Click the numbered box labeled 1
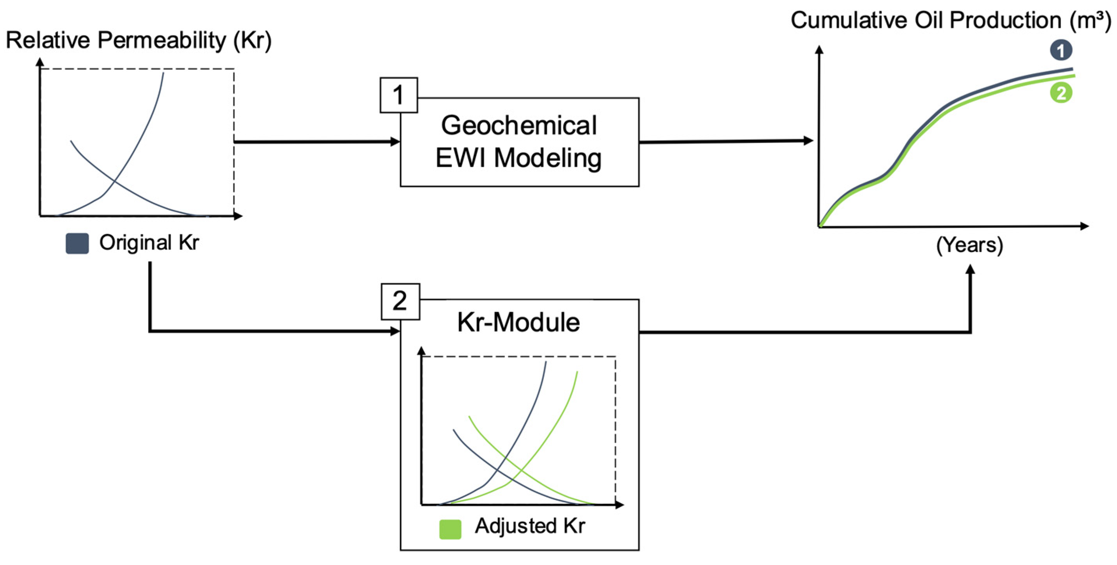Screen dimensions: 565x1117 (x=399, y=95)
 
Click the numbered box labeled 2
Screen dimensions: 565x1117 (x=400, y=301)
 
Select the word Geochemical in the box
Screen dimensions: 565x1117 (x=518, y=125)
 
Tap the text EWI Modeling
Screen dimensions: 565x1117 (x=518, y=158)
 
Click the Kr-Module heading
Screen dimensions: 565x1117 (x=518, y=322)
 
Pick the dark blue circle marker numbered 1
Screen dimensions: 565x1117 (x=1061, y=51)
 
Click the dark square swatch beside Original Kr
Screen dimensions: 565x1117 (x=77, y=243)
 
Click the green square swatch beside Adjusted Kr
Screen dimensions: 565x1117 (x=450, y=529)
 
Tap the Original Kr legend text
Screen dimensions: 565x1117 (x=149, y=242)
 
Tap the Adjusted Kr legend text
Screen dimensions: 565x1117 (x=530, y=526)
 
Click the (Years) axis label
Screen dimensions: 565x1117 (x=969, y=245)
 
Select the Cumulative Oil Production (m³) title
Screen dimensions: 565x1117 (x=950, y=20)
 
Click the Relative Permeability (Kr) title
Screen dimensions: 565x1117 (x=139, y=40)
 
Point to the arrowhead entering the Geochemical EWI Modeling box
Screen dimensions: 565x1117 (x=395, y=141)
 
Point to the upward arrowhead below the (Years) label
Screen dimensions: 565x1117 (x=970, y=270)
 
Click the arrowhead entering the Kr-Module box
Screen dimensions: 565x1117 (x=395, y=331)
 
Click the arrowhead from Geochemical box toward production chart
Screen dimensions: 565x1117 (x=808, y=141)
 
